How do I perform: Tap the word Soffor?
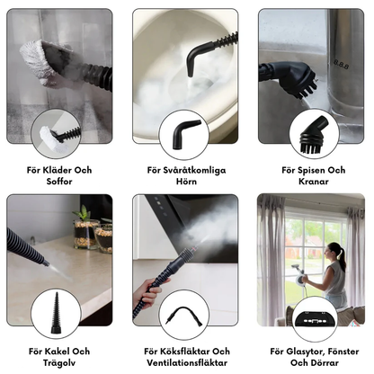[59, 182]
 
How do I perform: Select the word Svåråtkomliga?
[194, 171]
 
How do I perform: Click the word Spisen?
[311, 171]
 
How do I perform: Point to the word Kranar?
[314, 182]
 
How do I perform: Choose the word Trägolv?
[59, 363]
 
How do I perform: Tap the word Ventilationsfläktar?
[187, 363]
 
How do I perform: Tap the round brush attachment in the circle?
[314, 135]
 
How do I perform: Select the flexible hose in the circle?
[183, 315]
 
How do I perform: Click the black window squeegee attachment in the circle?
[316, 319]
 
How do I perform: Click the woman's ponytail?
[342, 257]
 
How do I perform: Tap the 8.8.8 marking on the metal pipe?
[342, 65]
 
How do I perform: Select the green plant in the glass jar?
[83, 213]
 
